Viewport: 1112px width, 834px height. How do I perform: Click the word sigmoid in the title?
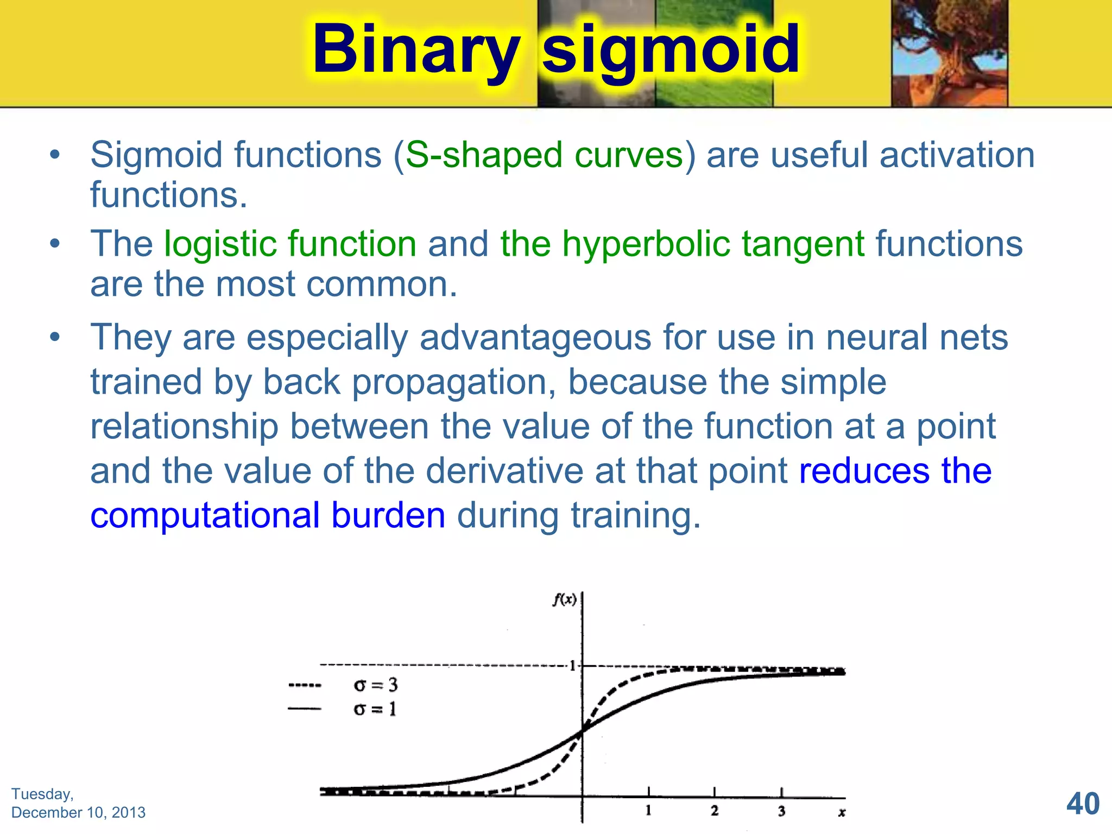pos(671,50)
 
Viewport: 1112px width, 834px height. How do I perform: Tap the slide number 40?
pos(1083,804)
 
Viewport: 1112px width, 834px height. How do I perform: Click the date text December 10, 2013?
pos(78,812)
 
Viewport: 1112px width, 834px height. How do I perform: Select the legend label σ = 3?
pos(375,685)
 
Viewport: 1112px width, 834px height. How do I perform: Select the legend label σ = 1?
pos(375,709)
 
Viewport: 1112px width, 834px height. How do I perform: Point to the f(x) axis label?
pos(564,599)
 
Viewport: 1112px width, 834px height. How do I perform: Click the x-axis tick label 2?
pos(715,811)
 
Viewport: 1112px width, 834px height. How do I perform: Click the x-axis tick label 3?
pos(781,811)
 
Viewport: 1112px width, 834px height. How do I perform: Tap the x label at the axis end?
pos(842,812)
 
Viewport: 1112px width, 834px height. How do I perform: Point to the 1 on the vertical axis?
pos(572,666)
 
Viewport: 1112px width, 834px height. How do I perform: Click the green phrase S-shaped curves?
pos(545,155)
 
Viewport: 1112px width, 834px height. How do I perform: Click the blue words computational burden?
pos(268,515)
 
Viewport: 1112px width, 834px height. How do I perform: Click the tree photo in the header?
pos(949,53)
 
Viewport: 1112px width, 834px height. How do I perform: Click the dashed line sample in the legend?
pos(305,685)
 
